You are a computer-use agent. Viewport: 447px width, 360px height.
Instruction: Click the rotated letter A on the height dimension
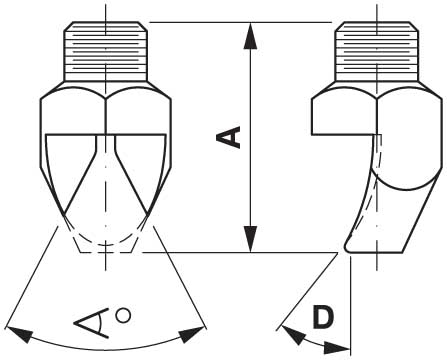tap(228, 137)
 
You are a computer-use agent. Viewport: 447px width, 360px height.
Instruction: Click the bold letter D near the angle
tap(323, 317)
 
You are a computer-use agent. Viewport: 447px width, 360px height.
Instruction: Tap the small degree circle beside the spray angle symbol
tap(123, 315)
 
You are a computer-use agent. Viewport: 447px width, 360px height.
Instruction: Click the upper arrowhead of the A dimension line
tap(250, 35)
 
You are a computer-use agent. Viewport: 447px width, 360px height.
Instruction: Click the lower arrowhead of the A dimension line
tap(250, 239)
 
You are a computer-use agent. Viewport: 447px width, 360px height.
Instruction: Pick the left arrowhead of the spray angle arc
tap(19, 334)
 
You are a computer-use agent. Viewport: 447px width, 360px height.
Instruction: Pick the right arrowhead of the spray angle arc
tap(192, 334)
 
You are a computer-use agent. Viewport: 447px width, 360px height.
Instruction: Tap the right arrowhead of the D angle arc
tap(337, 348)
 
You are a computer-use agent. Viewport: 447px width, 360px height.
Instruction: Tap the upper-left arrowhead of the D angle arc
tap(292, 335)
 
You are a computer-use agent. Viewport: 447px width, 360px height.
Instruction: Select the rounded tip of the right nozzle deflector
tap(348, 246)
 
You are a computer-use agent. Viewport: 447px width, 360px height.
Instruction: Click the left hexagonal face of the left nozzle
tap(73, 112)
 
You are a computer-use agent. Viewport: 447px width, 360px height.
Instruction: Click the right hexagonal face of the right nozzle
tap(407, 133)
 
